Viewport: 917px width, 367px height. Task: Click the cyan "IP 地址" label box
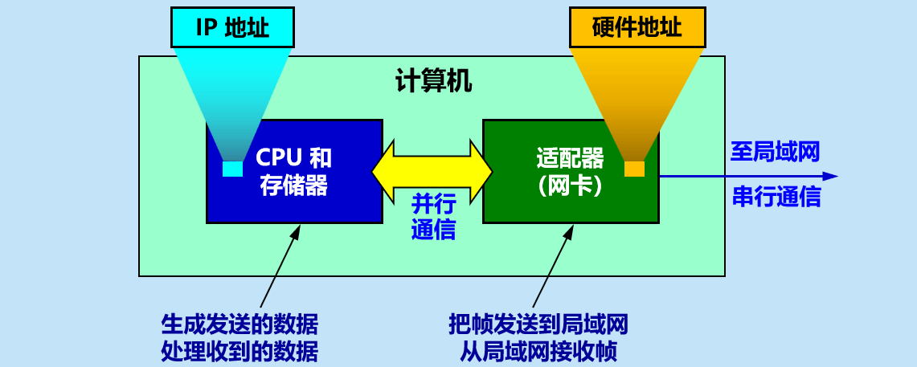coord(232,28)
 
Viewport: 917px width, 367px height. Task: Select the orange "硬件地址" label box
coord(637,28)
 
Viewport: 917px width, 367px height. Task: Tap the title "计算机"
coord(433,81)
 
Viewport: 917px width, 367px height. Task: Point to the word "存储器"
coord(293,186)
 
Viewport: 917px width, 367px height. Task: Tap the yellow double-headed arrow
coord(432,169)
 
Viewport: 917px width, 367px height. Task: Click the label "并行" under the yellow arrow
coord(434,205)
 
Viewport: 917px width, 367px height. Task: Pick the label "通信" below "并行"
coord(434,230)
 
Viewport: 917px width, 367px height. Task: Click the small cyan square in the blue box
coord(232,169)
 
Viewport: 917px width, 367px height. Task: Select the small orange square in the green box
coord(634,169)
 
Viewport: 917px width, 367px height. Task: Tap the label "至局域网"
coord(775,152)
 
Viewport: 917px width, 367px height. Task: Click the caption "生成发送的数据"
coord(239,325)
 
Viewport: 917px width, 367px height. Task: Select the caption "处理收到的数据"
coord(239,351)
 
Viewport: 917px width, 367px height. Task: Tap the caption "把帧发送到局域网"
coord(538,325)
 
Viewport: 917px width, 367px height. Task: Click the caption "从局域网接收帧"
coord(538,351)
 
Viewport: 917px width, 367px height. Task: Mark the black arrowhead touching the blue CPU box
coord(296,230)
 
